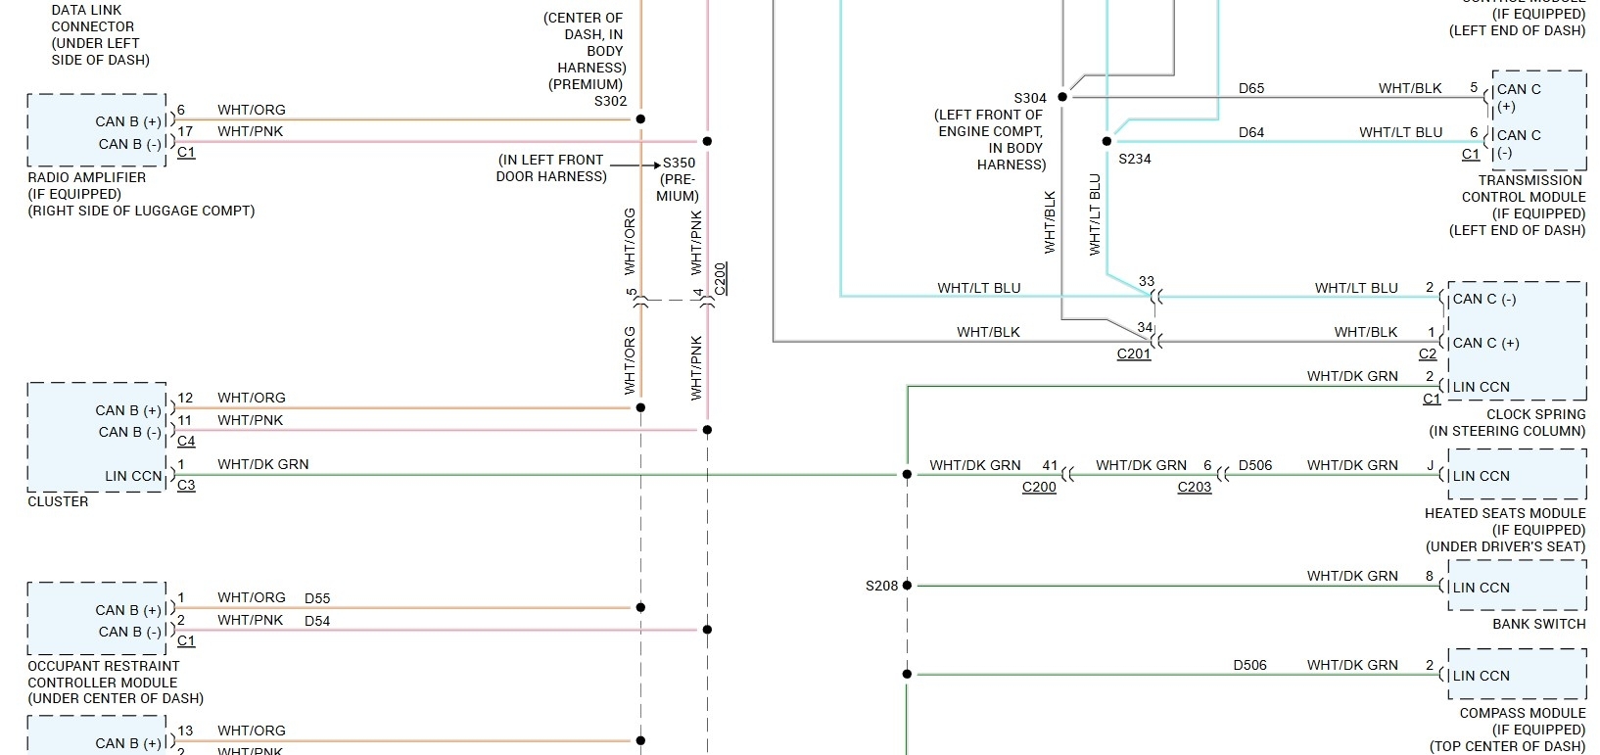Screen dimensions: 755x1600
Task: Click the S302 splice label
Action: coord(610,101)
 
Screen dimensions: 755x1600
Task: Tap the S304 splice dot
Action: coord(1062,97)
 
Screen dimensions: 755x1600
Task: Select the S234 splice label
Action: coord(1135,159)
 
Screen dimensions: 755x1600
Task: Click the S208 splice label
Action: coord(881,586)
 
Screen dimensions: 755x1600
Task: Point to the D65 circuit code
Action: coord(1251,88)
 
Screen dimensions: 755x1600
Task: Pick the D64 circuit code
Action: coord(1251,132)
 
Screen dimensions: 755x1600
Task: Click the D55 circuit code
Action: coord(317,598)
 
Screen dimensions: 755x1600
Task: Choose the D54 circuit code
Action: coord(317,621)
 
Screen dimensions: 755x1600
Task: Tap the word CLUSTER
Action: coord(58,501)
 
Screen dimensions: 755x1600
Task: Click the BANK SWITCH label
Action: coord(1538,624)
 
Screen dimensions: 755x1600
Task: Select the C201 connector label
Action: coord(1134,354)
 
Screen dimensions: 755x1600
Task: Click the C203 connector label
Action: coord(1195,487)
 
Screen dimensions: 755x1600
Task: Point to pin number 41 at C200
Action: coord(1050,466)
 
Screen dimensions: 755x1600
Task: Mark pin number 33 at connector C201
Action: coord(1147,281)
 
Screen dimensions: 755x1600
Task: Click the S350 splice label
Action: coord(679,164)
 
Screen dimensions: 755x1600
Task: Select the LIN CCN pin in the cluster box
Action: coord(133,477)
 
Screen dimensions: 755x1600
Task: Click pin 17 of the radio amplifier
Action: coord(185,131)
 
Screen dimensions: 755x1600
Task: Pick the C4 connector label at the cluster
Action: coord(186,442)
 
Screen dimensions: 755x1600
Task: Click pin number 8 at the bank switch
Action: coord(1430,577)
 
